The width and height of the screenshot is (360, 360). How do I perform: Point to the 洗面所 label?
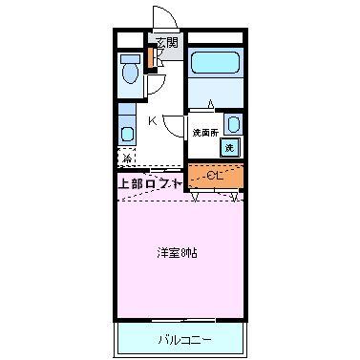[204, 133]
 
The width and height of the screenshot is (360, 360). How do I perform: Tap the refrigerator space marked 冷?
[128, 158]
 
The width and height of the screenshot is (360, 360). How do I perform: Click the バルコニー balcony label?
[178, 339]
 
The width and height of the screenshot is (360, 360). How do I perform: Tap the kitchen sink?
[127, 132]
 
